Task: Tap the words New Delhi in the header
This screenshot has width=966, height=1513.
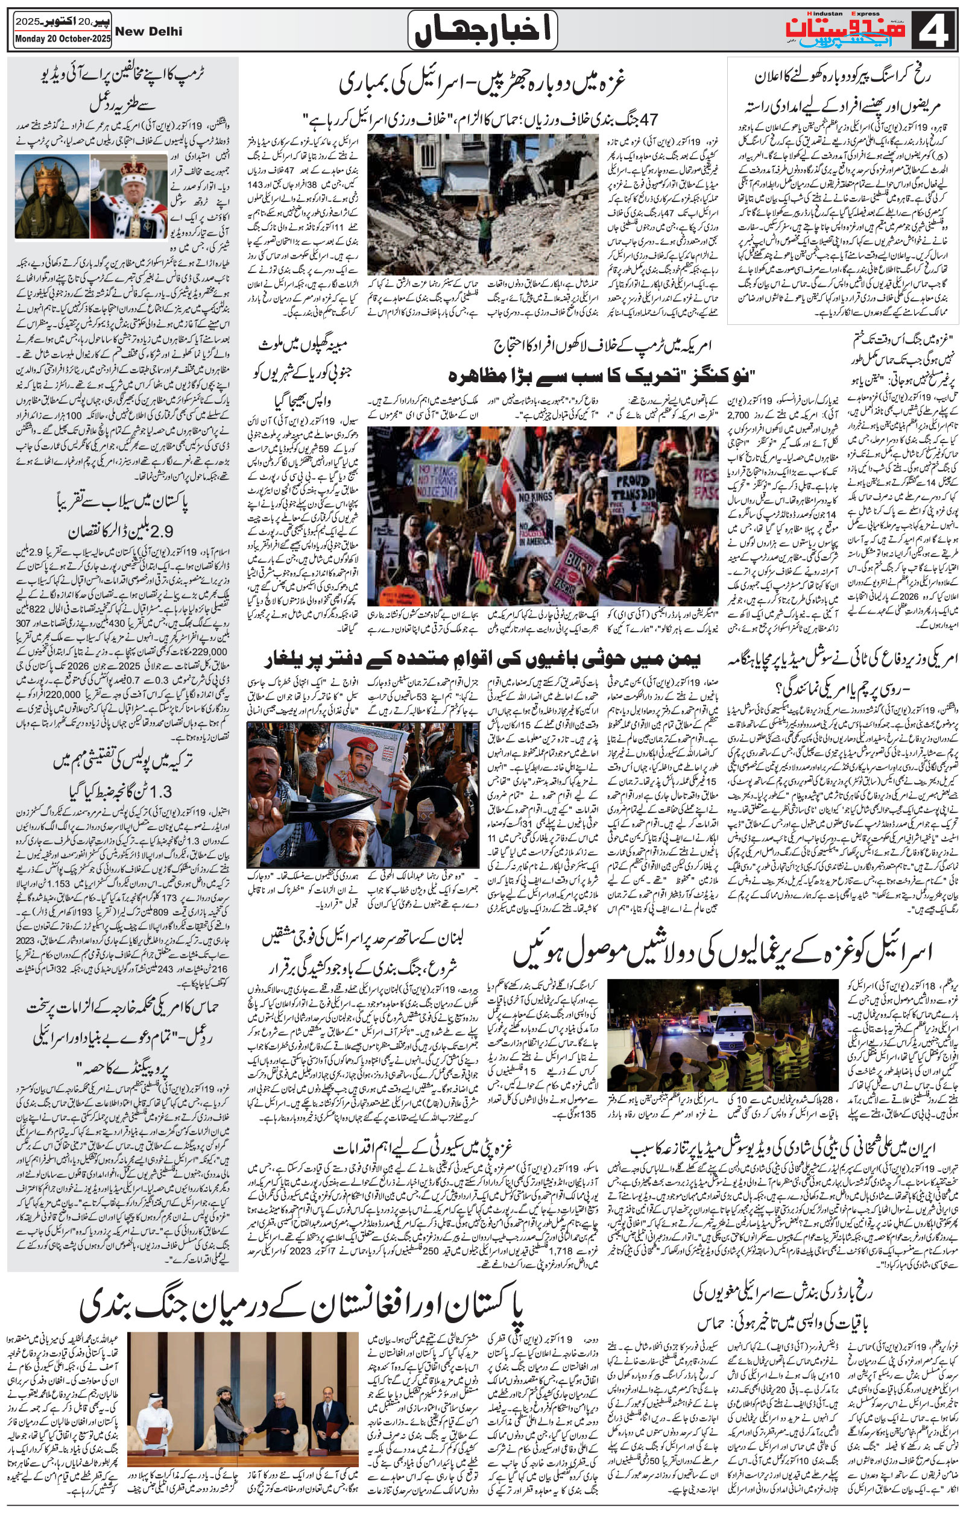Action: pos(149,31)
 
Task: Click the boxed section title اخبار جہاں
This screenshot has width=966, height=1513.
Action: pos(482,31)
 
